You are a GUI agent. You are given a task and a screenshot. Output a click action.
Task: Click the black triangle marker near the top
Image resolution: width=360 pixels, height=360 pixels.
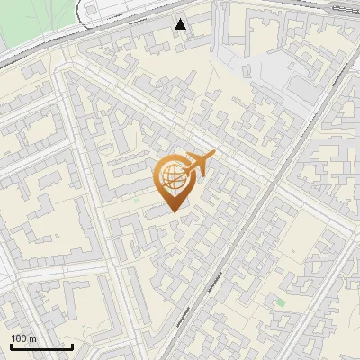coord(181,24)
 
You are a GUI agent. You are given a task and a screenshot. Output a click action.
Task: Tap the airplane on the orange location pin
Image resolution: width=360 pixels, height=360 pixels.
coord(196,166)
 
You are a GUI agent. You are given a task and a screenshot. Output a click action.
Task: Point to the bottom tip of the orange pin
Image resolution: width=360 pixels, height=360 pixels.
coord(173,211)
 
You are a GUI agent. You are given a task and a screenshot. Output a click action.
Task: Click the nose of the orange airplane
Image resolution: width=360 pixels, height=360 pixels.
coord(213,154)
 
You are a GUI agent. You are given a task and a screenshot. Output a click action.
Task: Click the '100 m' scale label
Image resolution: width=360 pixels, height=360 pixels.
coord(23,338)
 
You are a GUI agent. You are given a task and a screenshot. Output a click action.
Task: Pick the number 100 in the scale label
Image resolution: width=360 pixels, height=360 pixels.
coord(19,338)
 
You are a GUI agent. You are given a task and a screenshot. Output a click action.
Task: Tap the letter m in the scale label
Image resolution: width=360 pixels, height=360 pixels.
coord(32,338)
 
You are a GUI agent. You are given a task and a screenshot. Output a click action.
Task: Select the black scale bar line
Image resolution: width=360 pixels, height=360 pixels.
coord(41,347)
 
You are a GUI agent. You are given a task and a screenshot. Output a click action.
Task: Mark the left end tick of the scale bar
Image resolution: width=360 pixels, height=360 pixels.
coord(11,346)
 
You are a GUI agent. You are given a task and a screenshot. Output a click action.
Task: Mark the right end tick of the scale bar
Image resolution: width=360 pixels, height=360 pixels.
coord(72,346)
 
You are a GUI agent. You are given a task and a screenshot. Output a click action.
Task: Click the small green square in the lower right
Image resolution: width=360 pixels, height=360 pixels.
coord(281,302)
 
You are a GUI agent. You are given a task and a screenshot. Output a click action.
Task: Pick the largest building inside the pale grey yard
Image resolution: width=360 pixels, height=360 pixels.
coord(306,85)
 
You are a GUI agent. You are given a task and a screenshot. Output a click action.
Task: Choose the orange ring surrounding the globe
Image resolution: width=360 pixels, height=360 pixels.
coord(157,175)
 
